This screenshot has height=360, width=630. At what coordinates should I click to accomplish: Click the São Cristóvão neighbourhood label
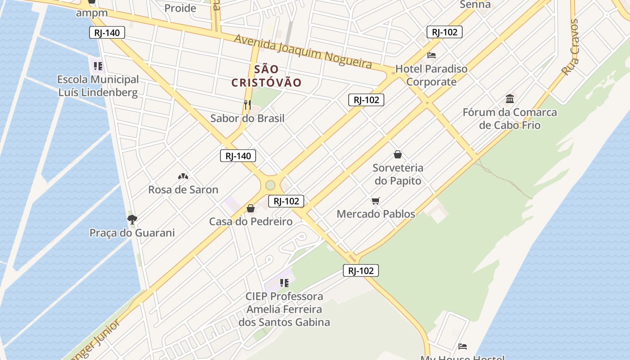266,76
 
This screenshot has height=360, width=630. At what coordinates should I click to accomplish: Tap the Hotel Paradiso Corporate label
431,75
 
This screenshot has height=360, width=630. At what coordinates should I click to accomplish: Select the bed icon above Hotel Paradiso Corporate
432,55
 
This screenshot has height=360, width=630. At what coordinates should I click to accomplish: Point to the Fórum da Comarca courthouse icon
510,99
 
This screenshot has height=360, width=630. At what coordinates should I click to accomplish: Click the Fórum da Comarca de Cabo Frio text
509,118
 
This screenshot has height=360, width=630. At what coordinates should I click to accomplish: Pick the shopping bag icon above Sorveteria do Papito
398,155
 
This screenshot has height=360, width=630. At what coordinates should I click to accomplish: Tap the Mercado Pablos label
376,214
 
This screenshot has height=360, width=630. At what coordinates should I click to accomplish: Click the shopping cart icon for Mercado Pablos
376,201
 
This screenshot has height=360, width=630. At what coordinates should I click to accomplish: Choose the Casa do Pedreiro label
251,221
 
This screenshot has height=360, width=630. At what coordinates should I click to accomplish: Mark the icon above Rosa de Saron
183,176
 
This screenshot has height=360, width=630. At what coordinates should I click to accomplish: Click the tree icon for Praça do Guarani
132,219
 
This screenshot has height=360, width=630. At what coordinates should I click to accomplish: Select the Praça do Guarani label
132,233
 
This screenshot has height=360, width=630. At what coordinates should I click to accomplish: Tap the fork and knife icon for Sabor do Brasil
247,105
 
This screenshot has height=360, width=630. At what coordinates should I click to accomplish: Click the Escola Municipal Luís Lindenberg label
98,86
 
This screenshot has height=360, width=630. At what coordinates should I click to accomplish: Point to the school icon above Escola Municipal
98,67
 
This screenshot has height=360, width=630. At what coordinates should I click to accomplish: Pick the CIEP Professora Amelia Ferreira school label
284,309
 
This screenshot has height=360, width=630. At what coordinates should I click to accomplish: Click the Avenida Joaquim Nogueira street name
303,51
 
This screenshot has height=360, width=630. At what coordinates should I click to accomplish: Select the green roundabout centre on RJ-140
270,185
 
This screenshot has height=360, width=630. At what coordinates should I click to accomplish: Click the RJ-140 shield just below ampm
107,32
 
